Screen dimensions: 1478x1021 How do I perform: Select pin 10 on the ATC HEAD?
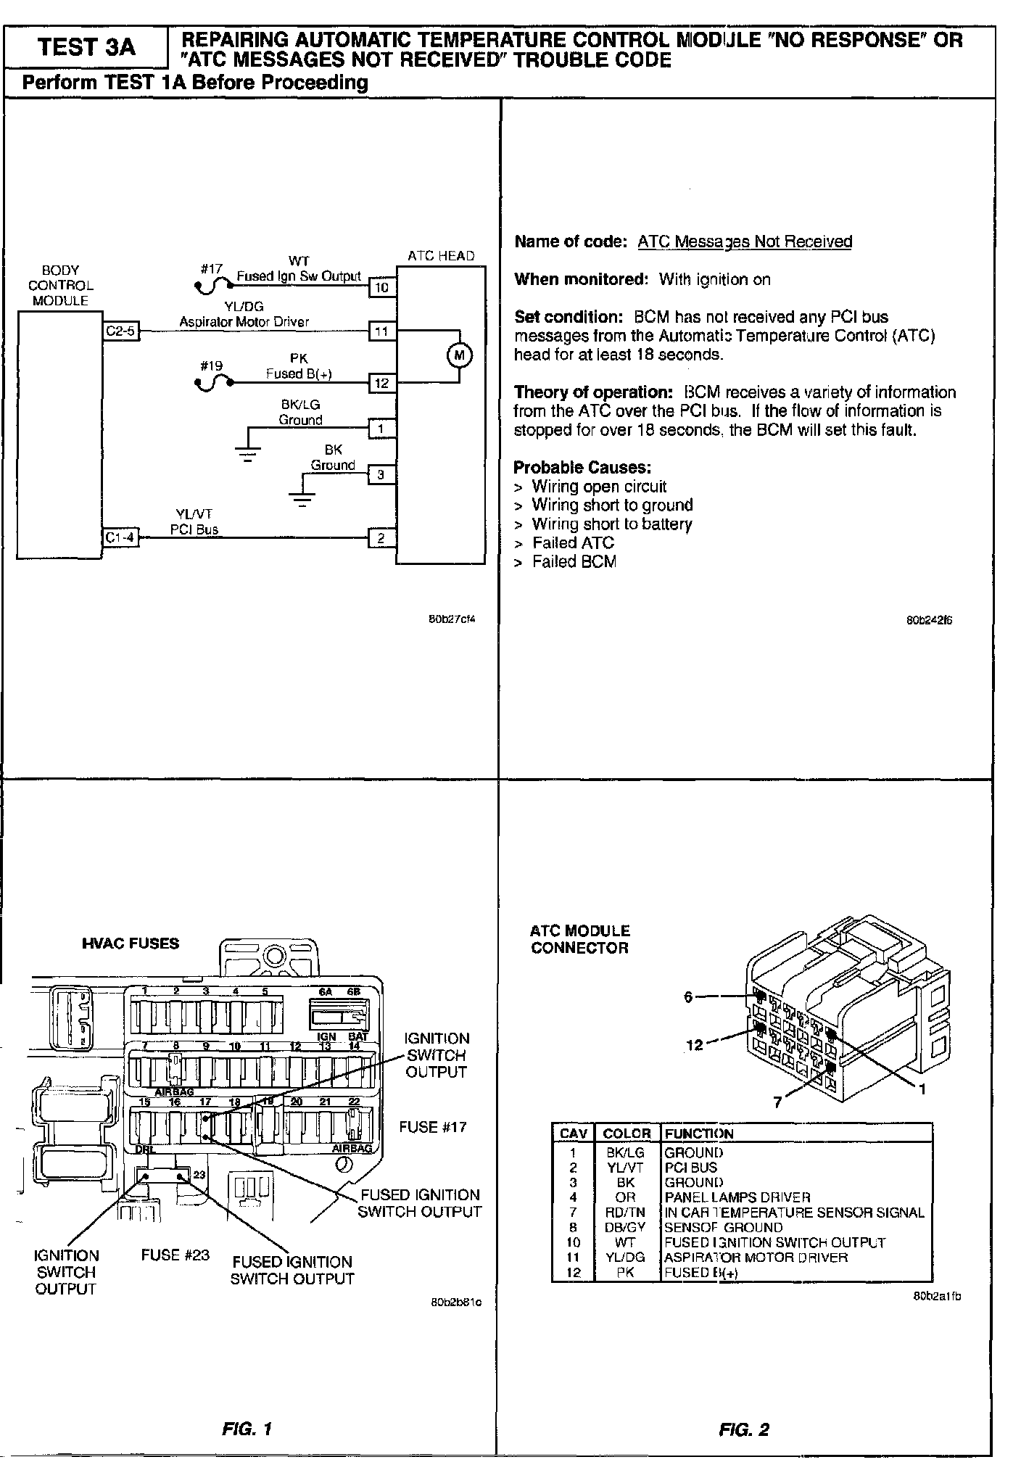coord(382,287)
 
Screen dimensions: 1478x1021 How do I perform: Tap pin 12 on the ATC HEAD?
coord(382,383)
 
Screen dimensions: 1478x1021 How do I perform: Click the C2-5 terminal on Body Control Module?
coord(120,331)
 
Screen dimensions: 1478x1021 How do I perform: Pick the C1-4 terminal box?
coord(120,538)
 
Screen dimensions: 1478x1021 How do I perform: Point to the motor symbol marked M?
coord(458,355)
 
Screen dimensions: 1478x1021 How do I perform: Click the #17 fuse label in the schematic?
coord(212,269)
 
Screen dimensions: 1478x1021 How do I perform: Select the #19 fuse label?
coord(212,366)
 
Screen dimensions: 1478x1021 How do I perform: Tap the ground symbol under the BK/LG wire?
coord(248,454)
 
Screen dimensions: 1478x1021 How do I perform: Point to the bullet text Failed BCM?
coord(574,561)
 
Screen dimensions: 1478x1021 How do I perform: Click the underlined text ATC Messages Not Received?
coord(745,241)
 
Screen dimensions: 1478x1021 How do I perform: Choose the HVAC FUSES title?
coord(131,944)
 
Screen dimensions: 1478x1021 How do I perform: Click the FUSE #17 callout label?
coord(433,1127)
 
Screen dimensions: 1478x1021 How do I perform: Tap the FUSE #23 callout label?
coord(175,1255)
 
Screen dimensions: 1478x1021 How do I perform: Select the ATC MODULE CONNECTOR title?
coord(579,939)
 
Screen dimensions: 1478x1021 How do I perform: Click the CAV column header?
coord(574,1134)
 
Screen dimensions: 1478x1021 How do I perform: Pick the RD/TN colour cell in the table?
coord(625,1213)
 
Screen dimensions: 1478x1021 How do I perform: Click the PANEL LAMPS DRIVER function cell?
coord(737,1197)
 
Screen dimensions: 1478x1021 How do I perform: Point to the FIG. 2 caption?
coord(743,1429)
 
